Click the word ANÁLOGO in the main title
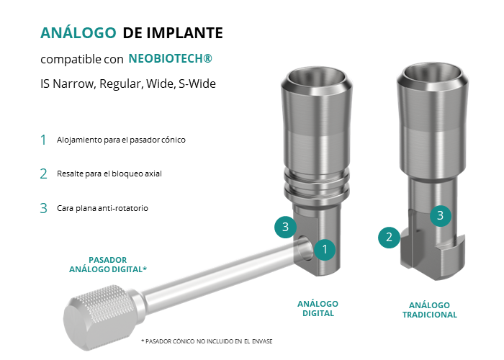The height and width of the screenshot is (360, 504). pos(78,32)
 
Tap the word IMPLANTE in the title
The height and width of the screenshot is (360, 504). pos(184,33)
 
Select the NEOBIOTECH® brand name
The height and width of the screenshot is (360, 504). pos(170,58)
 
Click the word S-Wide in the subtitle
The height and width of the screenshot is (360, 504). pos(197,84)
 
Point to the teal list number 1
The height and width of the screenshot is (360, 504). pos(43,140)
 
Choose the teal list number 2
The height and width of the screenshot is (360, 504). pos(43,174)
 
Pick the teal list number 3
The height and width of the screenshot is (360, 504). pos(43,208)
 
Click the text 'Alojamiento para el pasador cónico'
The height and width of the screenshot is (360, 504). pos(121,140)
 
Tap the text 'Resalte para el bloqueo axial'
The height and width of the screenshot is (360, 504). pos(109,174)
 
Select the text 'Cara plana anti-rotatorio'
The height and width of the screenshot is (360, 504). pos(102,208)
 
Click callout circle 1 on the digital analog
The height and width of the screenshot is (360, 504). pos(325,249)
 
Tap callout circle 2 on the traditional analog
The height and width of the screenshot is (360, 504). pos(389,237)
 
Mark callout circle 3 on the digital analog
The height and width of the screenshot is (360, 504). pos(285,227)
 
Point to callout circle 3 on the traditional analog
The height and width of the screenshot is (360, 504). pos(441,215)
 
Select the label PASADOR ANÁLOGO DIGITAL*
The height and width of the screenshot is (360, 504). pos(108,264)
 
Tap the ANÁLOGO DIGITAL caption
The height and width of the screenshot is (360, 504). pos(318,309)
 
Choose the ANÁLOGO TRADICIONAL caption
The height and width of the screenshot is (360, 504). pos(429,310)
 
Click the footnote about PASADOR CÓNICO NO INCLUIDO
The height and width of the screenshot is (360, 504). pos(207,341)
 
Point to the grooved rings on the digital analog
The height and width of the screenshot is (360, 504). pos(317,186)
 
